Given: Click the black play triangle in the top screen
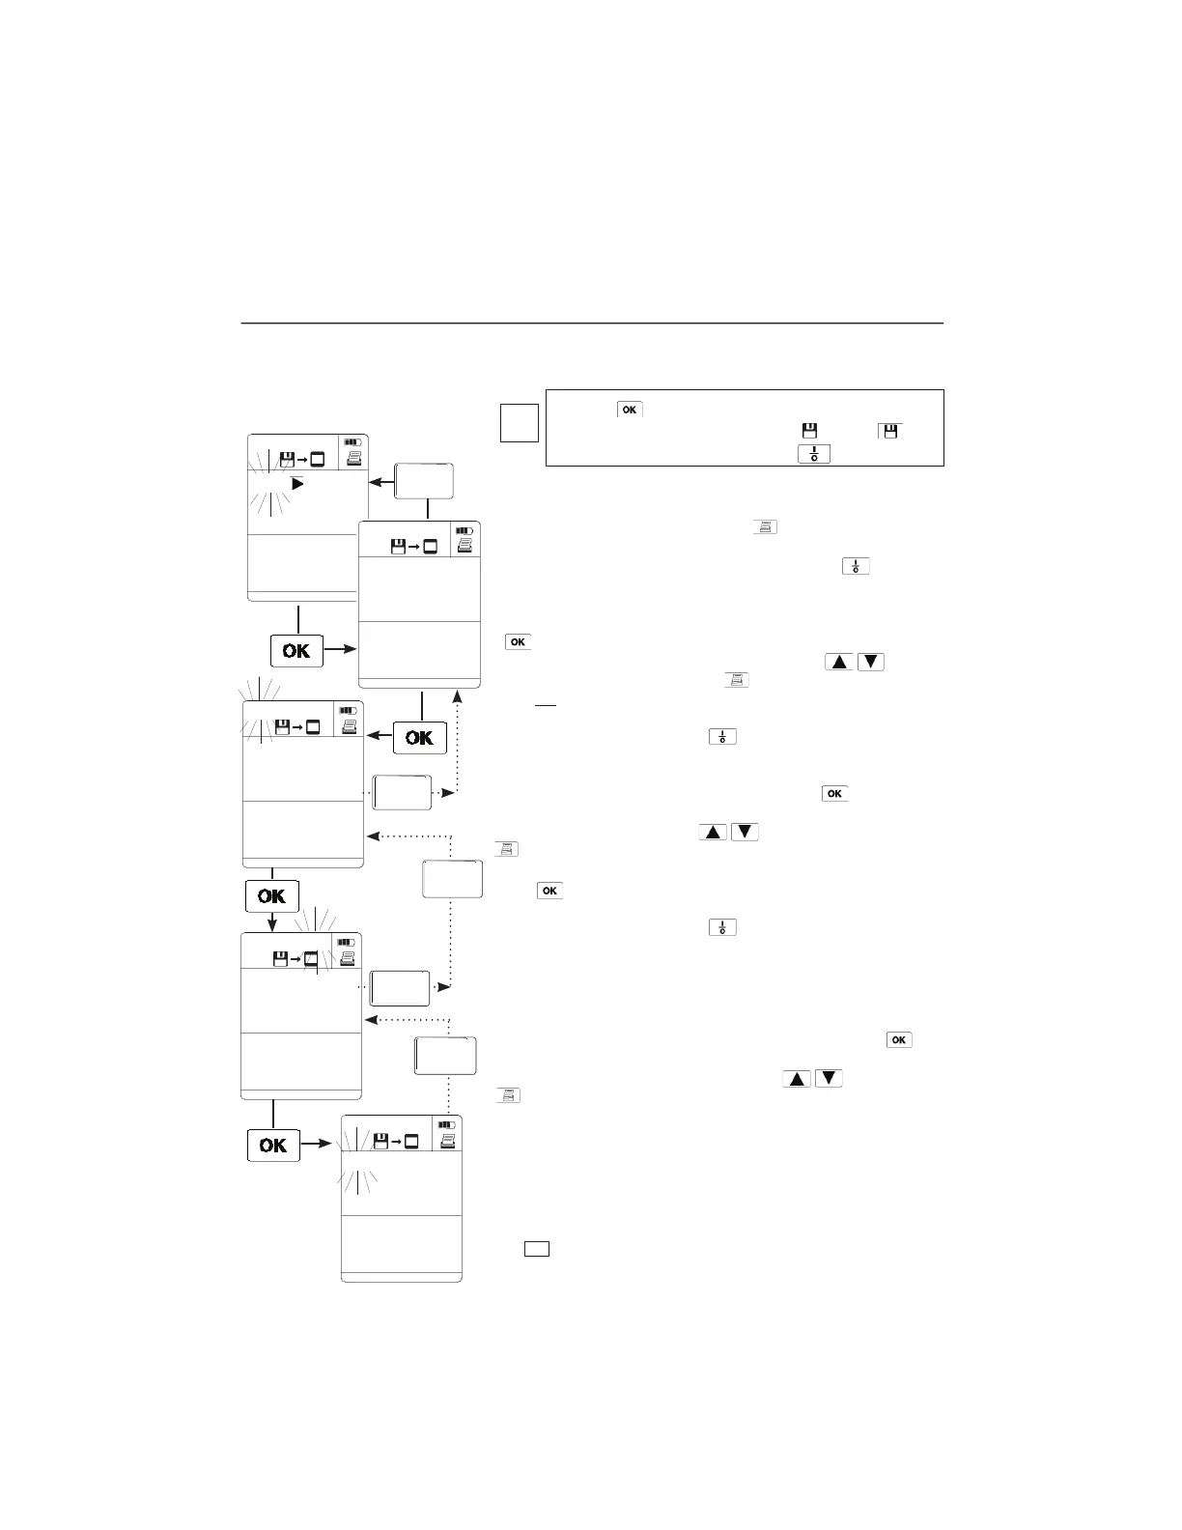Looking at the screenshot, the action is (297, 483).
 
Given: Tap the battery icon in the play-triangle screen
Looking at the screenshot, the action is (352, 441).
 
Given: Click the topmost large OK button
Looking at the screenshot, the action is (296, 651).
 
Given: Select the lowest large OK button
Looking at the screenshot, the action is (273, 1145).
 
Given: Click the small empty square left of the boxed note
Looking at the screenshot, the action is (519, 423).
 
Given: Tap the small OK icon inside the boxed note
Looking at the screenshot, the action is (629, 410).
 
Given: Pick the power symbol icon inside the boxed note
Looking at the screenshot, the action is (814, 453).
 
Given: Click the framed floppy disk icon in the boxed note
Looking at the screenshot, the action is (889, 431).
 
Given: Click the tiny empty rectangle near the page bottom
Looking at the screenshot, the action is (537, 1249).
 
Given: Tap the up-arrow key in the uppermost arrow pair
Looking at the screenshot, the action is (838, 663).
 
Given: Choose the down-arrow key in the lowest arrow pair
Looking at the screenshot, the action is (829, 1078).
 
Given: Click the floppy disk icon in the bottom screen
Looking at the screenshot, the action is (380, 1142).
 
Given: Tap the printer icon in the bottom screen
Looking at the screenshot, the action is (447, 1141).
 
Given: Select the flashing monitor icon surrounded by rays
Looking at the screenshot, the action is (311, 959).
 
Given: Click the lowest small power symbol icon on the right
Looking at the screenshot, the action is (722, 927).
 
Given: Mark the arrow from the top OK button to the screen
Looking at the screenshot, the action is (341, 649).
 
